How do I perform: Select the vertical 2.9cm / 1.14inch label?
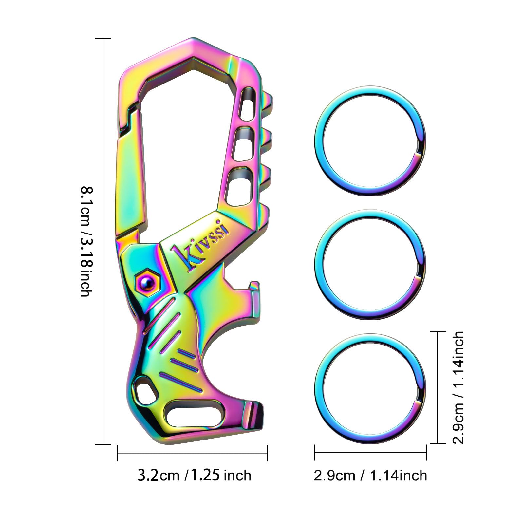pos(458,387)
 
